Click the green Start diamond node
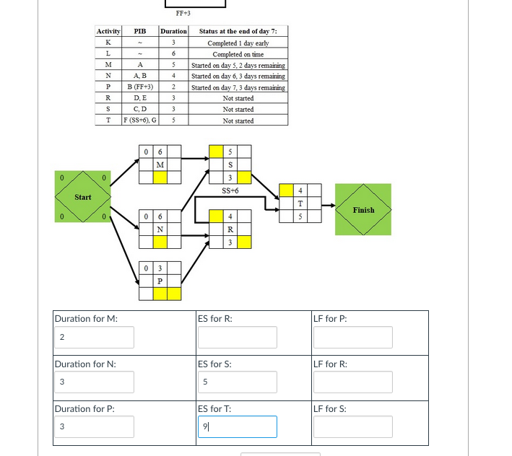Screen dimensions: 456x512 (83, 196)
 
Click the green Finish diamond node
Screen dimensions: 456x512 (363, 210)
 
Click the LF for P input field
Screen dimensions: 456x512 (353, 338)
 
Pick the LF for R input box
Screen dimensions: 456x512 (353, 382)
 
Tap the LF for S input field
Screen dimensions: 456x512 (353, 426)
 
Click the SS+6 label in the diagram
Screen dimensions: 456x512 (230, 190)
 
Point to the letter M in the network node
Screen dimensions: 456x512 (160, 165)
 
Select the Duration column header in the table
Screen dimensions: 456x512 (173, 32)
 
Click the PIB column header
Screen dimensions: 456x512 (140, 32)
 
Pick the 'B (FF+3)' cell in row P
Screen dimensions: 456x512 (140, 87)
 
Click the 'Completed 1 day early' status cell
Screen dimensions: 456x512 (238, 43)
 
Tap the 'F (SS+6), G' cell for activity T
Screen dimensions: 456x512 (140, 120)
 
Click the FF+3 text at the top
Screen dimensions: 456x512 (183, 13)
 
